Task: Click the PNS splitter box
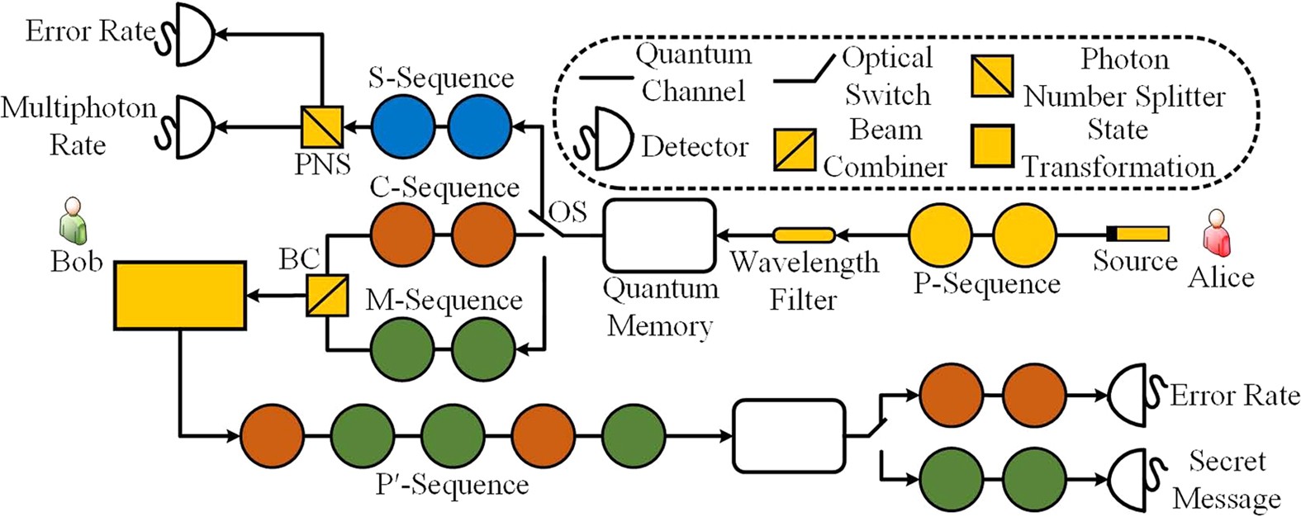[322, 128]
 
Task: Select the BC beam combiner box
[327, 295]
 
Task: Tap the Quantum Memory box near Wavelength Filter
[659, 235]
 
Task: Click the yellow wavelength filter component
[804, 235]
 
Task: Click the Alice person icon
[1216, 233]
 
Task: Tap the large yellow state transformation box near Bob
[180, 295]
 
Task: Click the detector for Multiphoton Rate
[190, 128]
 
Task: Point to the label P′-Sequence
[453, 484]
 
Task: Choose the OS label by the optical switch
[569, 212]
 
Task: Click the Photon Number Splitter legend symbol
[992, 76]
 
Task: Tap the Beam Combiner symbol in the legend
[795, 149]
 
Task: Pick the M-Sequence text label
[444, 301]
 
